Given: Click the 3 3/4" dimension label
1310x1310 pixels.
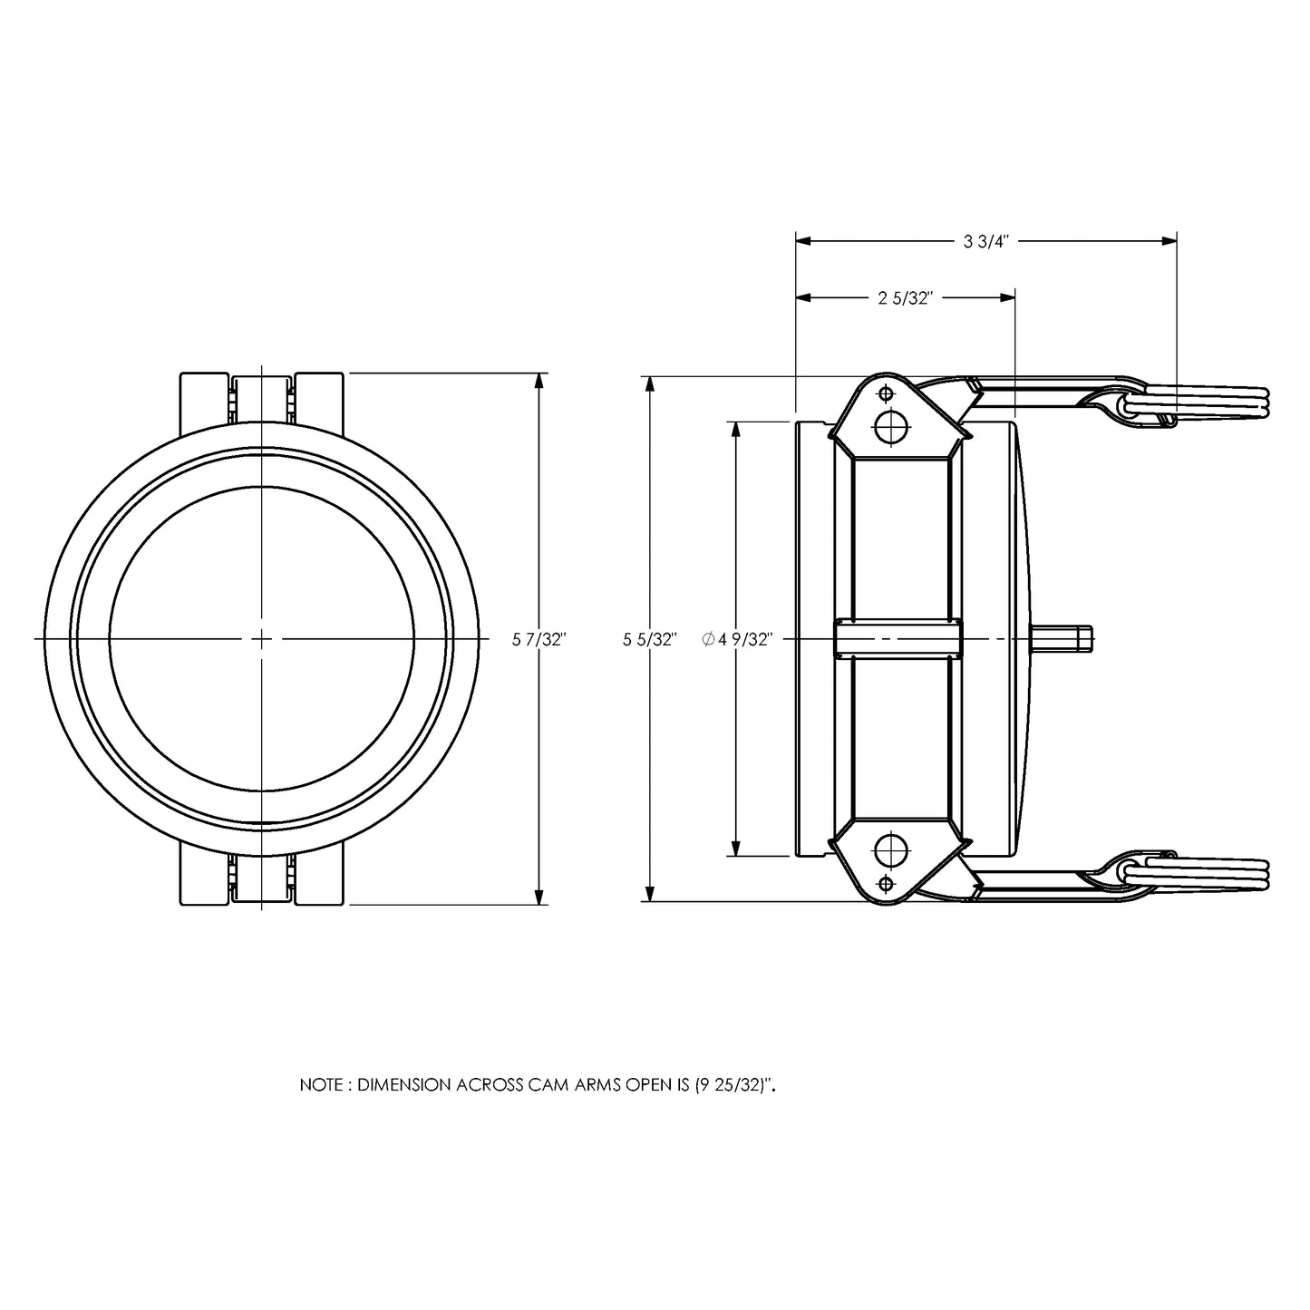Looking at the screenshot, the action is point(985,241).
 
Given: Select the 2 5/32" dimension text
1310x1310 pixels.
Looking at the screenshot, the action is point(905,298).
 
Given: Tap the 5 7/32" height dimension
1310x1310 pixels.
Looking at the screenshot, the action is point(539,640).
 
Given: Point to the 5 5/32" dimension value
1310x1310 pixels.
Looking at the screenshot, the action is point(650,640).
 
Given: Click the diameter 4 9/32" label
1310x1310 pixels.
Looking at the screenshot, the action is point(738,640).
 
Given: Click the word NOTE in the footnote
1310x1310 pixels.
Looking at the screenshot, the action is point(322,1085).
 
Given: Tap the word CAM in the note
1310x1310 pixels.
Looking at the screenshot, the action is point(548,1085).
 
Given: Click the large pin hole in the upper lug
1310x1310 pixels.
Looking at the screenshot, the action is point(891,428).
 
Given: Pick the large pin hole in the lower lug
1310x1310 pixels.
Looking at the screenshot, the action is point(891,849).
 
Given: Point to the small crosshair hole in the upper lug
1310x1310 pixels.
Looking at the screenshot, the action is point(886,393).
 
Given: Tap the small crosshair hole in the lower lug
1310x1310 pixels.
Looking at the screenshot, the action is point(886,884).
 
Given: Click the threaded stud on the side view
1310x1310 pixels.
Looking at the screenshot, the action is point(1062,639).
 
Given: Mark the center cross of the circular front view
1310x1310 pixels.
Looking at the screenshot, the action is point(262,639).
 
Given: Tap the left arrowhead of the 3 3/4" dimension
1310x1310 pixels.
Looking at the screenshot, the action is point(803,240).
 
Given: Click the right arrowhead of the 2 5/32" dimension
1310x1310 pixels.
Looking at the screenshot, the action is point(1007,297).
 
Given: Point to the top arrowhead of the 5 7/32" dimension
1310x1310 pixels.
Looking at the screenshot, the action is point(539,381).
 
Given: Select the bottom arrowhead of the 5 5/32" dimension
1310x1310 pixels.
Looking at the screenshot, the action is point(651,893).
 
